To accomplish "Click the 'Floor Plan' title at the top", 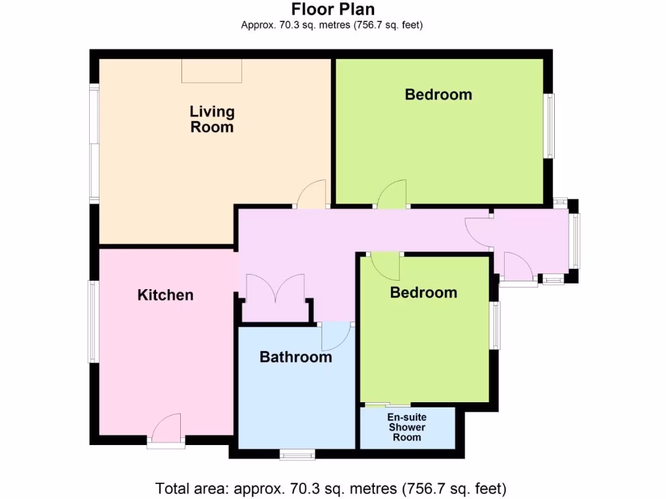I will [x=332, y=9].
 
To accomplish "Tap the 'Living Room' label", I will [x=212, y=119].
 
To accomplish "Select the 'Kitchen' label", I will [x=165, y=295].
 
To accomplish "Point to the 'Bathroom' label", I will [x=296, y=357].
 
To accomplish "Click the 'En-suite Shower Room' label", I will [x=407, y=427].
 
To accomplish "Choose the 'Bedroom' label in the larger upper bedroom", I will [x=438, y=94].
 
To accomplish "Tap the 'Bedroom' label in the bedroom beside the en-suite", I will [x=423, y=292].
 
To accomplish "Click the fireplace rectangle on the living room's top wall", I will [x=212, y=70].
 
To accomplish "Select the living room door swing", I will [x=310, y=195].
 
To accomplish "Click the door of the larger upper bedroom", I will [x=392, y=195].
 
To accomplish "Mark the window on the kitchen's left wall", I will [x=94, y=321].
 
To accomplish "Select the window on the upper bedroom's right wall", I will [x=550, y=126].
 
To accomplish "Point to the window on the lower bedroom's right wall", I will [x=496, y=325].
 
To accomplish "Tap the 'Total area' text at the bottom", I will [x=330, y=488].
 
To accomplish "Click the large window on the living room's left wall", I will [x=94, y=143].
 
